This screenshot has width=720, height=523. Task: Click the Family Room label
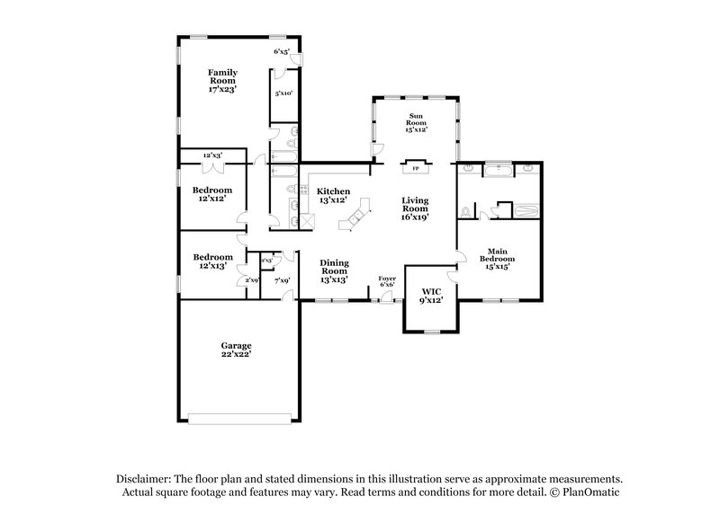tap(222, 80)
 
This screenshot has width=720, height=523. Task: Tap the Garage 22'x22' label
tap(237, 350)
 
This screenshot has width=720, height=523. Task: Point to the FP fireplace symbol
tap(415, 168)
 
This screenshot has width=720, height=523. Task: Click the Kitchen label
tap(333, 195)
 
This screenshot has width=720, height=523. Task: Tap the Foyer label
tap(387, 281)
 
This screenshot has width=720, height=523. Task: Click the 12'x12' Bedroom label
tap(212, 195)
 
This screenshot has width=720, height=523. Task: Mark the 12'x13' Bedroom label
tap(212, 261)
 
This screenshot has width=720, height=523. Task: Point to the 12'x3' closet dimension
tap(212, 155)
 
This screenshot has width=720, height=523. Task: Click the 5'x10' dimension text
tap(283, 93)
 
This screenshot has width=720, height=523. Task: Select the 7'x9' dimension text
tap(282, 280)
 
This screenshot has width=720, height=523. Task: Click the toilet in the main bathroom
tap(465, 212)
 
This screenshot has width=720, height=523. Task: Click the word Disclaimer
tap(147, 480)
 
